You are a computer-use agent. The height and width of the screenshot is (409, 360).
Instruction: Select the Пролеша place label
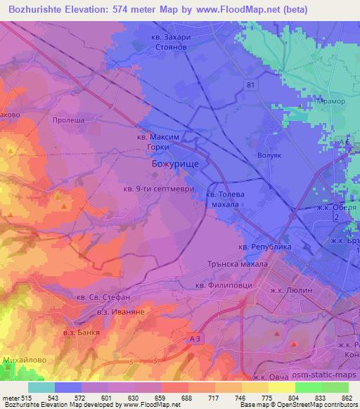point(68,120)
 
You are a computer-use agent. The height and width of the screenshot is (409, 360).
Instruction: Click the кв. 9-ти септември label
point(153,188)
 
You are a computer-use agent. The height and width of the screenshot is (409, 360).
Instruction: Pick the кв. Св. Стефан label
point(103,297)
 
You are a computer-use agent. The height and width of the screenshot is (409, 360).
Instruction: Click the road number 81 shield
point(251,85)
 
